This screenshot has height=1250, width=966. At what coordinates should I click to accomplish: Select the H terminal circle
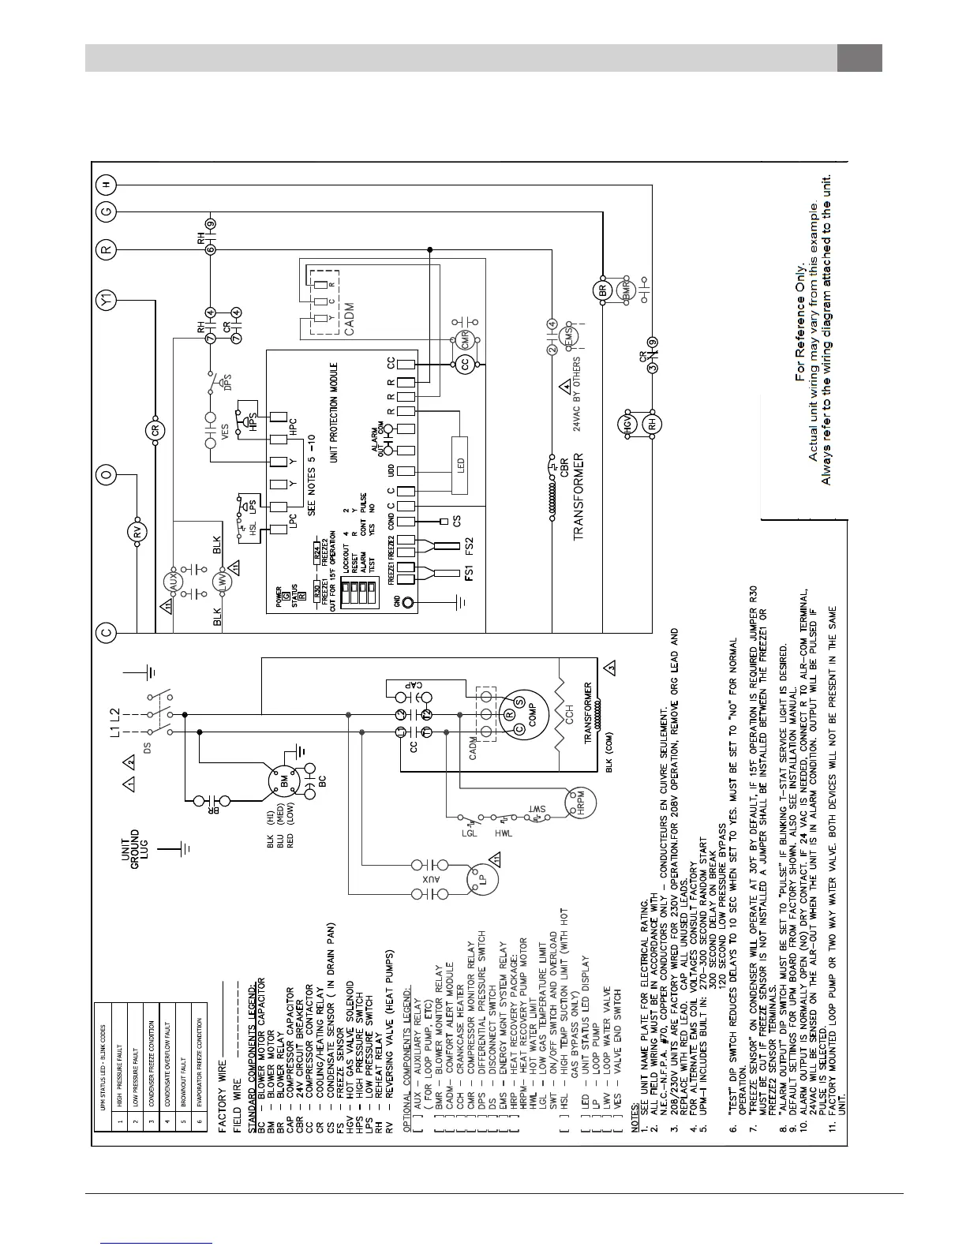pyautogui.click(x=107, y=185)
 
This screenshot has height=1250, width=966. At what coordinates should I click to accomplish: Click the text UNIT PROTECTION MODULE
pyautogui.click(x=334, y=414)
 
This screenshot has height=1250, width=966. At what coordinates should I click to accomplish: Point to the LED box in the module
pyautogui.click(x=460, y=464)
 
